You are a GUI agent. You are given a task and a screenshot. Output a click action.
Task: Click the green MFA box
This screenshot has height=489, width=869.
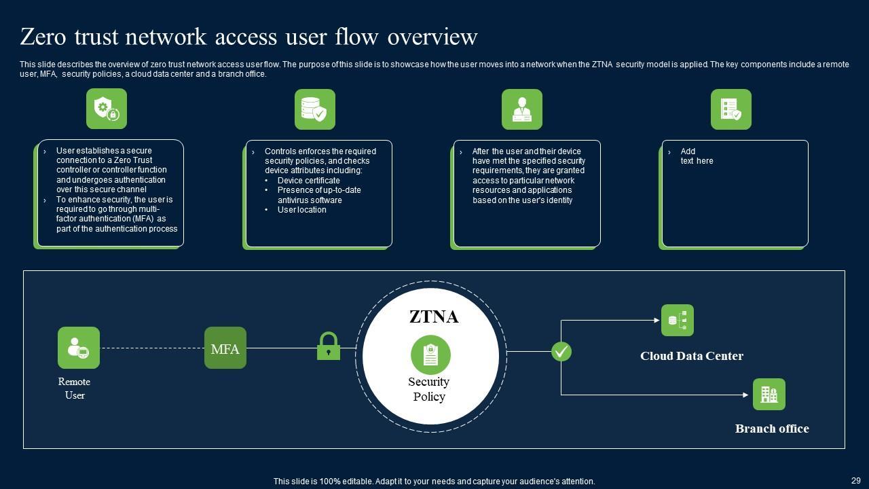(x=225, y=348)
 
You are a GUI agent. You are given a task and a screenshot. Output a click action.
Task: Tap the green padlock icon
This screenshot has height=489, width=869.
(x=329, y=346)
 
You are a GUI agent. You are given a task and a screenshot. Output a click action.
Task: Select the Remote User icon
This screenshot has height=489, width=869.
(x=79, y=348)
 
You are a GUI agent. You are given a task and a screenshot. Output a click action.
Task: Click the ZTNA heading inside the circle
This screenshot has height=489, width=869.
(x=434, y=316)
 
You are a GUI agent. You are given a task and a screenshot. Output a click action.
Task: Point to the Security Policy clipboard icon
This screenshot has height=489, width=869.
(x=430, y=355)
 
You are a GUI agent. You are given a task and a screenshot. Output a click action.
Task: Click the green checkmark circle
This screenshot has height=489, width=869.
(x=561, y=351)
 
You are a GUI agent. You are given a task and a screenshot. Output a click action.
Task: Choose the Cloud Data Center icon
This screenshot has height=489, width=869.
(x=678, y=320)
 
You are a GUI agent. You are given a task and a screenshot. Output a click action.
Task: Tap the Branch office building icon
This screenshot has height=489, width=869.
(x=769, y=394)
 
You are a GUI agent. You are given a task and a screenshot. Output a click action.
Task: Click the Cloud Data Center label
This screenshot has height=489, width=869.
(x=691, y=356)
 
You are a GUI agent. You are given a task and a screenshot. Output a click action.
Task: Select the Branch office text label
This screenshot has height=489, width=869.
(x=772, y=429)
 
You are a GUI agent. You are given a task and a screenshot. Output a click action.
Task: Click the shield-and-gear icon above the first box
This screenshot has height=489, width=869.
(x=107, y=109)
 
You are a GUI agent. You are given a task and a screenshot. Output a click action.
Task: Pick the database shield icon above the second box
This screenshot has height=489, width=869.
(x=315, y=109)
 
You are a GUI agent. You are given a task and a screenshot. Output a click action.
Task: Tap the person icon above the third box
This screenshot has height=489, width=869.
(x=522, y=109)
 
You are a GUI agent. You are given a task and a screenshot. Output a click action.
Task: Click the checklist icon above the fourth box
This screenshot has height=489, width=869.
(x=731, y=109)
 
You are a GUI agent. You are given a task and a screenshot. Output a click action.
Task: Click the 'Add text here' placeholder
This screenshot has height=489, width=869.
(x=697, y=156)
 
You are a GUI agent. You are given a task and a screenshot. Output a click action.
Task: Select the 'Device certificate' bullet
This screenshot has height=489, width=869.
(x=308, y=181)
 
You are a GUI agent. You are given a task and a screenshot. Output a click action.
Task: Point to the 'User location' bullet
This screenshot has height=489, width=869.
(x=301, y=210)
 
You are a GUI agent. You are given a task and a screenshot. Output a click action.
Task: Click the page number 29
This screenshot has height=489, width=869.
(x=855, y=480)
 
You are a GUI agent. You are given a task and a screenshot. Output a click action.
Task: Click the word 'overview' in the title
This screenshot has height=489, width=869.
(x=432, y=37)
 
